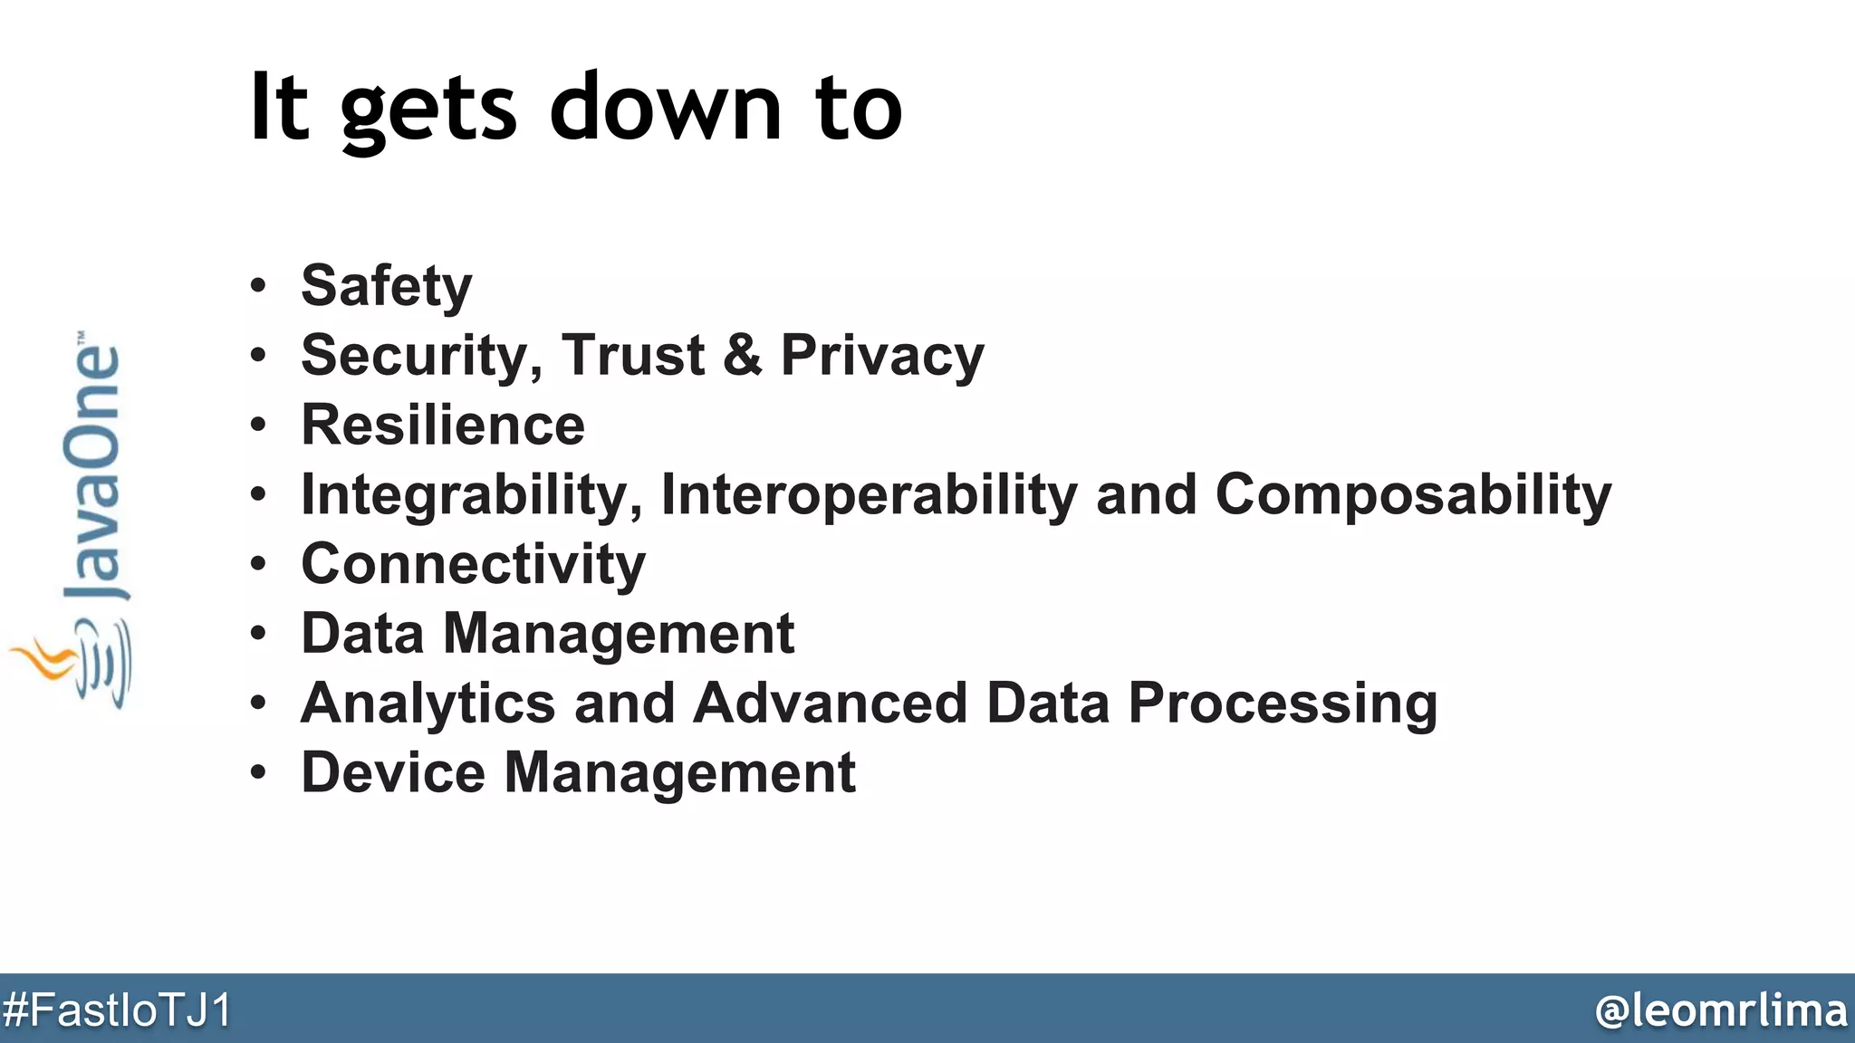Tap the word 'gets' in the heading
428,110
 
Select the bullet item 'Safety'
386,286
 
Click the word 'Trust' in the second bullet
633,355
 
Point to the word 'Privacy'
882,357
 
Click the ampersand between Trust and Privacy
743,355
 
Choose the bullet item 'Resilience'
443,425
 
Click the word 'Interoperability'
870,496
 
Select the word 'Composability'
1413,496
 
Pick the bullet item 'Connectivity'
473,564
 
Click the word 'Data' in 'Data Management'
362,633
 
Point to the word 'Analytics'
428,703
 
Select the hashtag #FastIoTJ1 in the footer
118,1010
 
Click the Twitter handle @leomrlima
1721,1010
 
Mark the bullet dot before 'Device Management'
259,773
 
